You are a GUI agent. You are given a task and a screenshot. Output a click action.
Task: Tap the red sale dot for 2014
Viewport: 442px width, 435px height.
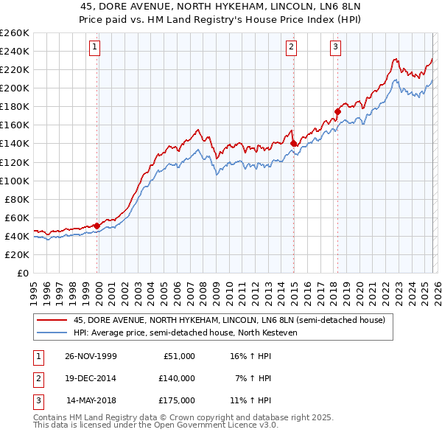[293, 143]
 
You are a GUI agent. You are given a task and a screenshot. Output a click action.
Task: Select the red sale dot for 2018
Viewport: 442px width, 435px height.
[337, 111]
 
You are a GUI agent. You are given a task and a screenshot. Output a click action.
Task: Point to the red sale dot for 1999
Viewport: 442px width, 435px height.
[97, 226]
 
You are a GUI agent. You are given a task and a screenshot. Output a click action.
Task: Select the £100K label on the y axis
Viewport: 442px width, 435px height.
[15, 181]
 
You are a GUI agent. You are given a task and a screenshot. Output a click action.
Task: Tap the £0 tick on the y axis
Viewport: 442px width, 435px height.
[22, 273]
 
